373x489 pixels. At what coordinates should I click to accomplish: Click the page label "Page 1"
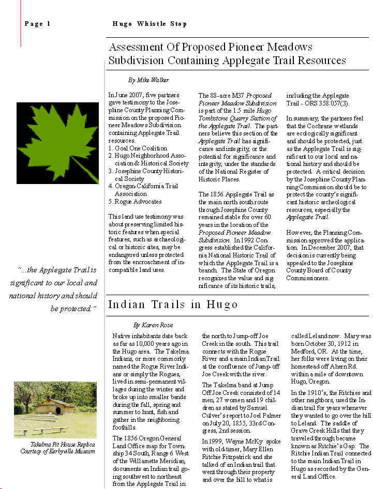(37, 24)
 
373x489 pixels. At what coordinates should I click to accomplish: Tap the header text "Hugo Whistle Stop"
(150, 24)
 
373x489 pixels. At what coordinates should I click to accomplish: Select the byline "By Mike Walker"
(148, 80)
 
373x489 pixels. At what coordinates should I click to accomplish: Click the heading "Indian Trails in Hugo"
(173, 304)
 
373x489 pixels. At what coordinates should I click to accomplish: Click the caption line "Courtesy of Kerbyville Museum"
(57, 451)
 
